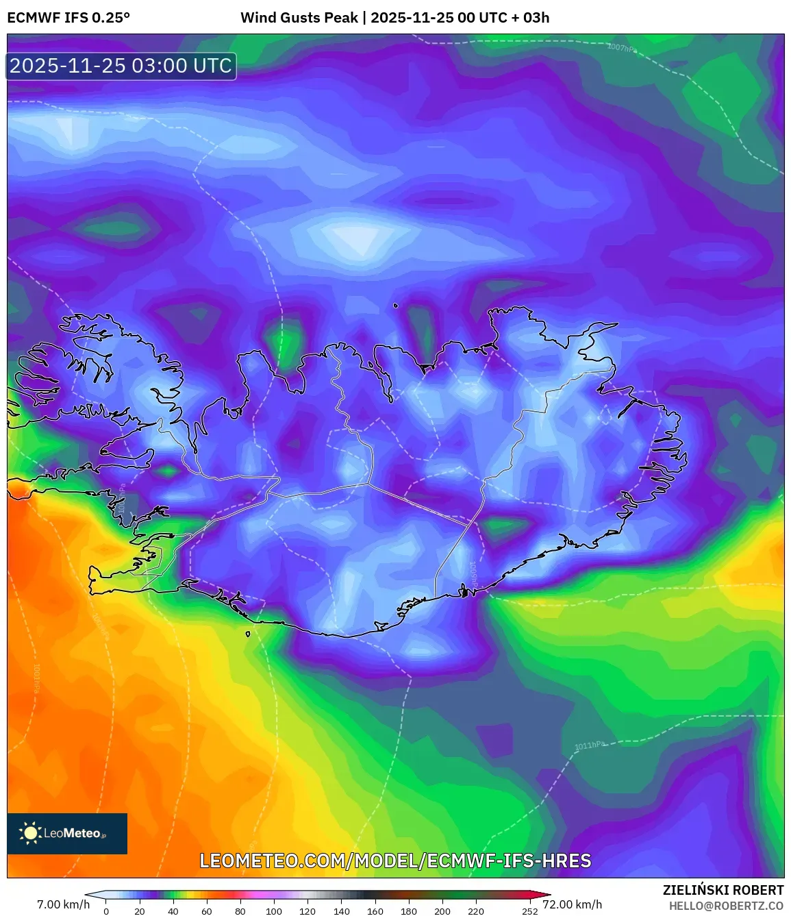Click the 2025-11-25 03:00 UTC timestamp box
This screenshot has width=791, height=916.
click(x=121, y=66)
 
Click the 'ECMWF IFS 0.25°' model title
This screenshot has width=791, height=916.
click(x=68, y=18)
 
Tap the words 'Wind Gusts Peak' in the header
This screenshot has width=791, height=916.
click(x=299, y=18)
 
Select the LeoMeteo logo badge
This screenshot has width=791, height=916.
click(x=67, y=833)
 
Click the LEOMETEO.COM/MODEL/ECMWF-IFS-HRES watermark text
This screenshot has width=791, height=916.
click(x=395, y=861)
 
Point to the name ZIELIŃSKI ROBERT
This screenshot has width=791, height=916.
click(x=723, y=890)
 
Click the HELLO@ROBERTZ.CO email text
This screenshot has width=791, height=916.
click(x=726, y=906)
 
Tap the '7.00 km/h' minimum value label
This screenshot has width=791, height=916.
click(x=63, y=904)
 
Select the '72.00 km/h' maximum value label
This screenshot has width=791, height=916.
click(x=573, y=904)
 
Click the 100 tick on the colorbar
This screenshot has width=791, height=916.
click(x=274, y=911)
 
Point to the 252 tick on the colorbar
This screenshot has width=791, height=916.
click(x=529, y=911)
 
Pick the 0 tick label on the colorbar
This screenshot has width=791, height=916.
click(x=106, y=911)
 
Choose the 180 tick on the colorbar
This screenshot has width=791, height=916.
click(x=409, y=911)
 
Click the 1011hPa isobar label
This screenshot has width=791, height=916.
click(x=590, y=745)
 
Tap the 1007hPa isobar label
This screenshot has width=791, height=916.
click(x=622, y=48)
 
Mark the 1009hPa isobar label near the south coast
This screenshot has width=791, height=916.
click(x=473, y=573)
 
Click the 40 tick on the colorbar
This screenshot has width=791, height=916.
click(x=173, y=911)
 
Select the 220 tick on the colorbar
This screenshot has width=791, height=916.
click(x=476, y=911)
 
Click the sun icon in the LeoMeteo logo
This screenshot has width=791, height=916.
click(x=30, y=833)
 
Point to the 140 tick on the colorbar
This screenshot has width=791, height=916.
click(x=341, y=911)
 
